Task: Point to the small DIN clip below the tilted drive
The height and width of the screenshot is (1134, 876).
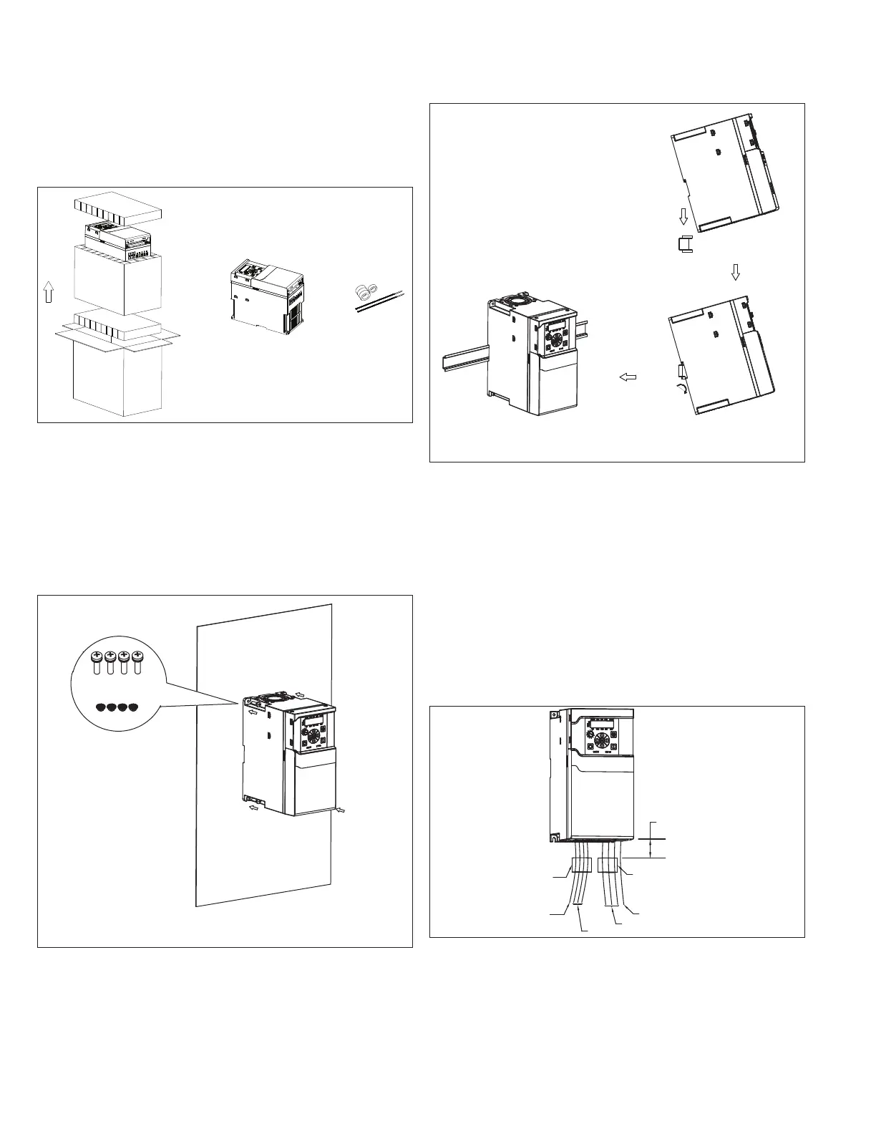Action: (x=684, y=244)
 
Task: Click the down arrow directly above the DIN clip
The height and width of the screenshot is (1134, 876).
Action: (x=683, y=215)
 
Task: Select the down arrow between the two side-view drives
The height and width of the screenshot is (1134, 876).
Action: (x=735, y=272)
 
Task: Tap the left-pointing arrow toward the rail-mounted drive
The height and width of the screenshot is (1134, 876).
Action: (x=628, y=377)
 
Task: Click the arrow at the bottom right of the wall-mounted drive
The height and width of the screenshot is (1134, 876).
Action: (x=344, y=810)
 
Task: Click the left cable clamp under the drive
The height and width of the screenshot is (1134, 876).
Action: (x=582, y=865)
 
